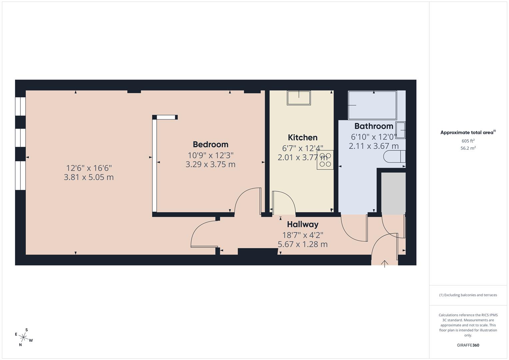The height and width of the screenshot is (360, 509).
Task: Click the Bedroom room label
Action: click(x=210, y=144)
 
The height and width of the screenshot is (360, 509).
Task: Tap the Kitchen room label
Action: click(x=302, y=137)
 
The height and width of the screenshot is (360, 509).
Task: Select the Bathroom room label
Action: click(x=374, y=126)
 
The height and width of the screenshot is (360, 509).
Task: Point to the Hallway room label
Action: click(x=302, y=224)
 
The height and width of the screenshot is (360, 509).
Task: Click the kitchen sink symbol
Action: click(x=299, y=98)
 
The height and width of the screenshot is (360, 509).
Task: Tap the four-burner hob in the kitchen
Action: click(x=325, y=160)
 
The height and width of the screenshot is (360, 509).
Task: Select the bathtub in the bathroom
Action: click(x=372, y=105)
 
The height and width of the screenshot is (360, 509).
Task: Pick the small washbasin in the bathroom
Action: click(x=401, y=130)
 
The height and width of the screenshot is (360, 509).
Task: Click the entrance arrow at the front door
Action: click(x=385, y=264)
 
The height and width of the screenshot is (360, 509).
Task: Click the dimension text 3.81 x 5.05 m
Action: click(x=89, y=177)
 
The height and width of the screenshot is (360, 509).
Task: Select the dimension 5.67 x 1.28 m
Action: click(x=302, y=244)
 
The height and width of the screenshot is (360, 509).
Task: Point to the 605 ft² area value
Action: click(x=468, y=141)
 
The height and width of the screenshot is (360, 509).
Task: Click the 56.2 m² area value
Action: click(x=468, y=148)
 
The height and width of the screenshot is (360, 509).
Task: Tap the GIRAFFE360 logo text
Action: click(x=468, y=345)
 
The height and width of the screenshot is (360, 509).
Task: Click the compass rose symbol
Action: click(x=23, y=337)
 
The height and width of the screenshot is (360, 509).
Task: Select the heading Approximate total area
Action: click(x=468, y=133)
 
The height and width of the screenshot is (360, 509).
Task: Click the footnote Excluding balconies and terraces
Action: click(x=468, y=295)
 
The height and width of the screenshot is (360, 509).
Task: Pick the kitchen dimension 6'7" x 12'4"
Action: click(x=302, y=148)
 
